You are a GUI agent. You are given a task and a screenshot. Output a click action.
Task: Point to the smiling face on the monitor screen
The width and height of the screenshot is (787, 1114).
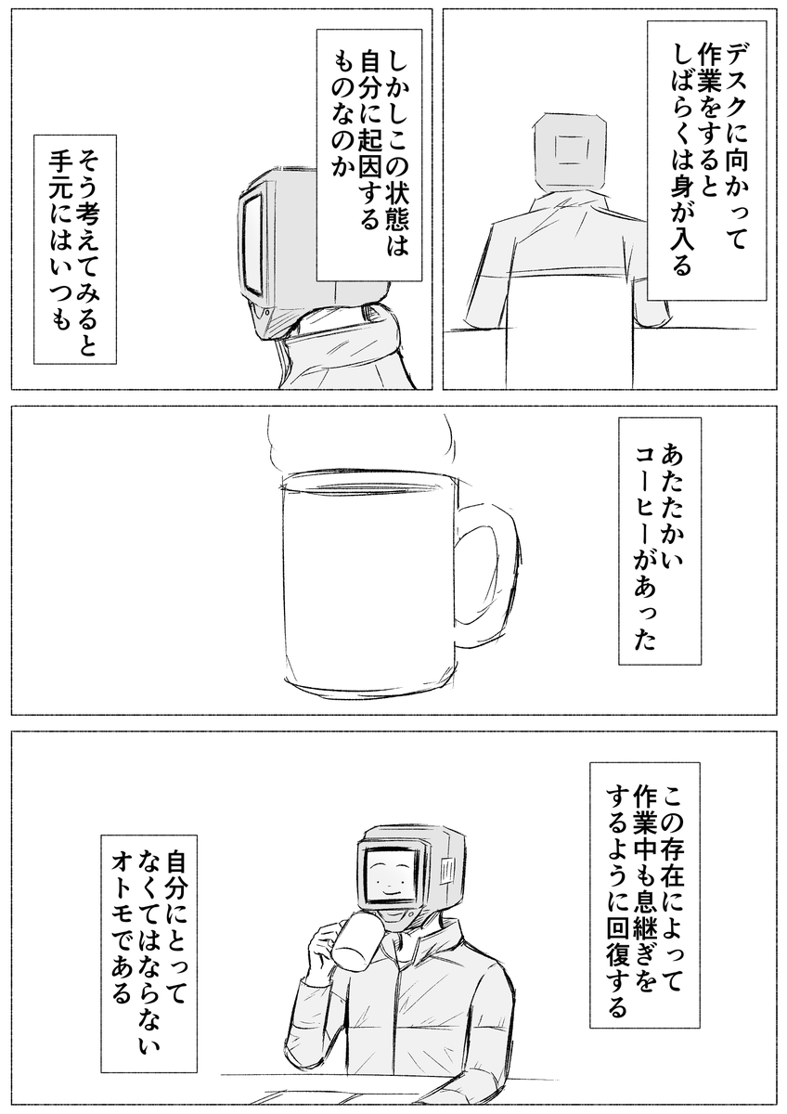(x=389, y=877)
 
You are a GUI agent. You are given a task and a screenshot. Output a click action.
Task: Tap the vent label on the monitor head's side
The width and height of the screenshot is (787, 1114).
(x=447, y=872)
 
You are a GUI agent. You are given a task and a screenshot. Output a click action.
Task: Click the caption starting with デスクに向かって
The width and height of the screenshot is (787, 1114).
(x=705, y=158)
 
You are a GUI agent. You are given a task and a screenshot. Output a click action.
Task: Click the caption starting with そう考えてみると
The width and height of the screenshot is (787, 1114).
(x=73, y=251)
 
